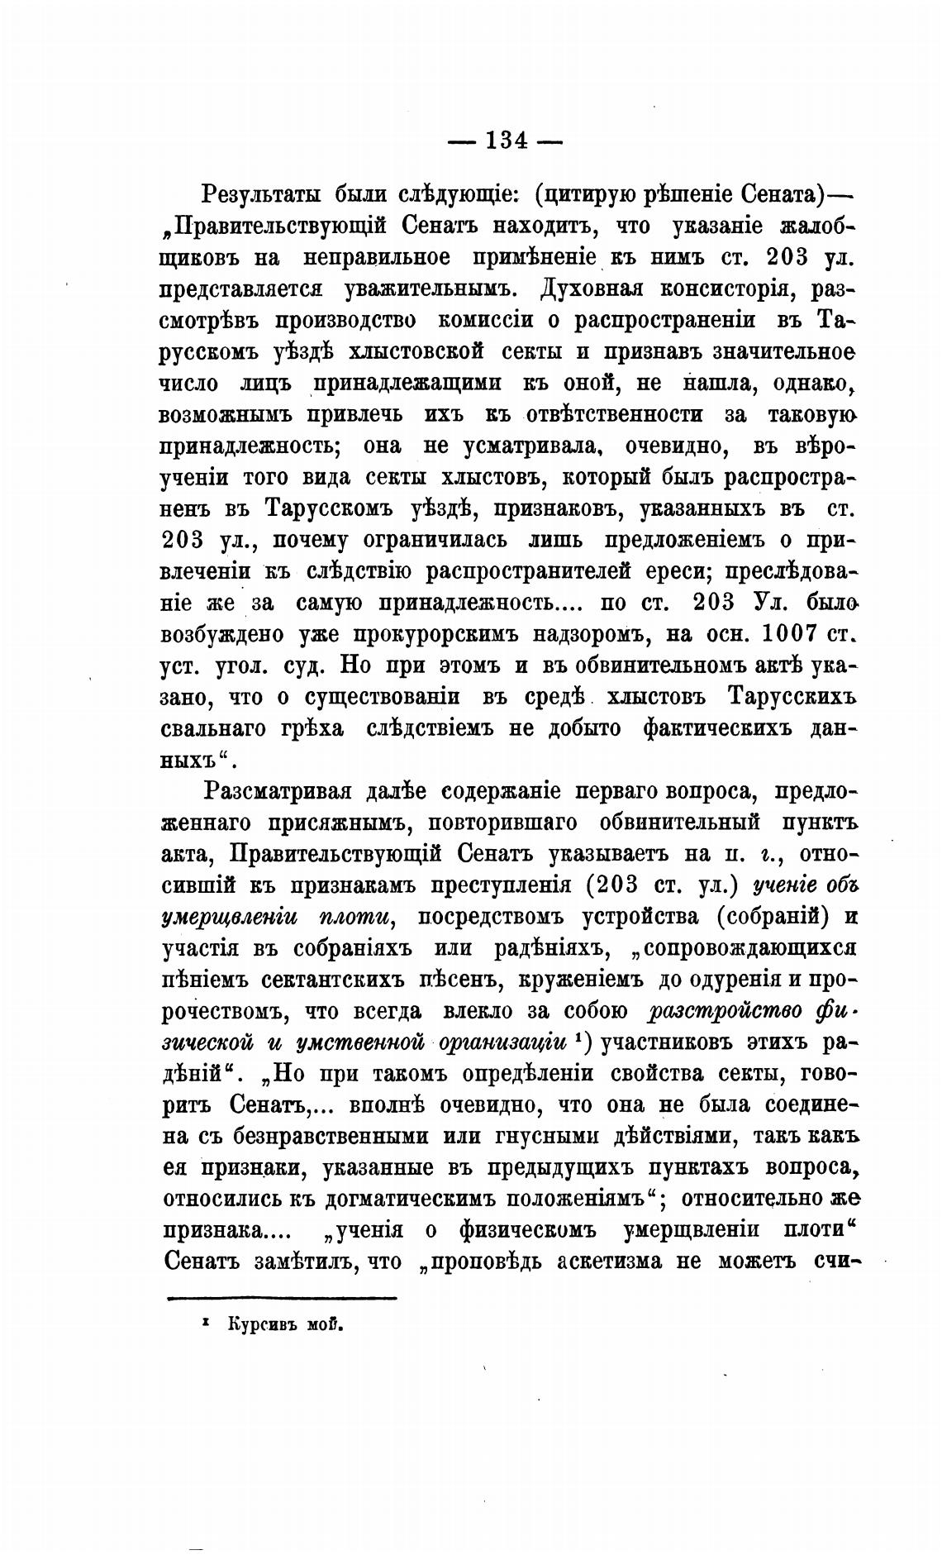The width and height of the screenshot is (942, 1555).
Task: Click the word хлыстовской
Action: point(404,352)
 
